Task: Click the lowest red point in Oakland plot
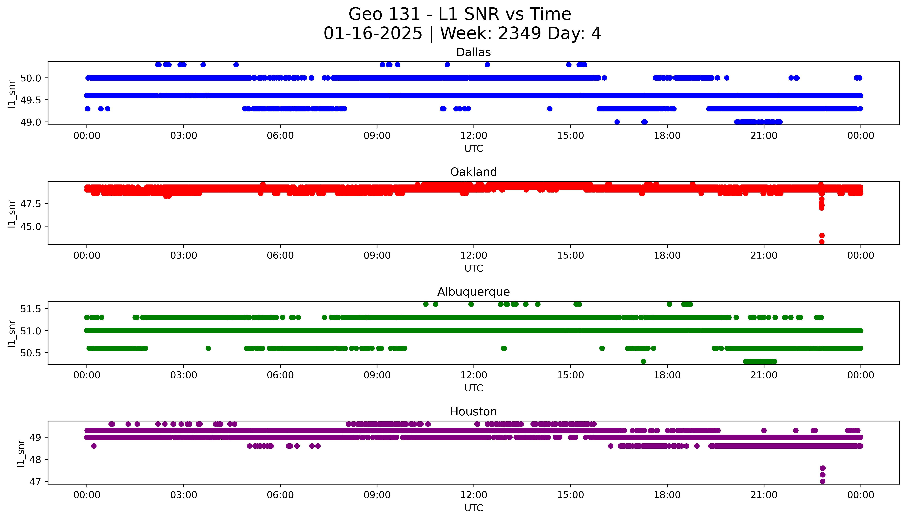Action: click(x=822, y=242)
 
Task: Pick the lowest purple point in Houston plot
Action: click(x=822, y=481)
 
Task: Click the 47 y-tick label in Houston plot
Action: click(x=36, y=481)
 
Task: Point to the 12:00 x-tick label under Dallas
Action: click(x=474, y=136)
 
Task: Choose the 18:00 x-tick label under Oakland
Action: click(x=667, y=255)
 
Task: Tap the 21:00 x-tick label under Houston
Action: click(x=764, y=495)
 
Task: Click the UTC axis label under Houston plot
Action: click(x=474, y=508)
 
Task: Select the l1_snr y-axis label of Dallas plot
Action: click(x=12, y=94)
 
